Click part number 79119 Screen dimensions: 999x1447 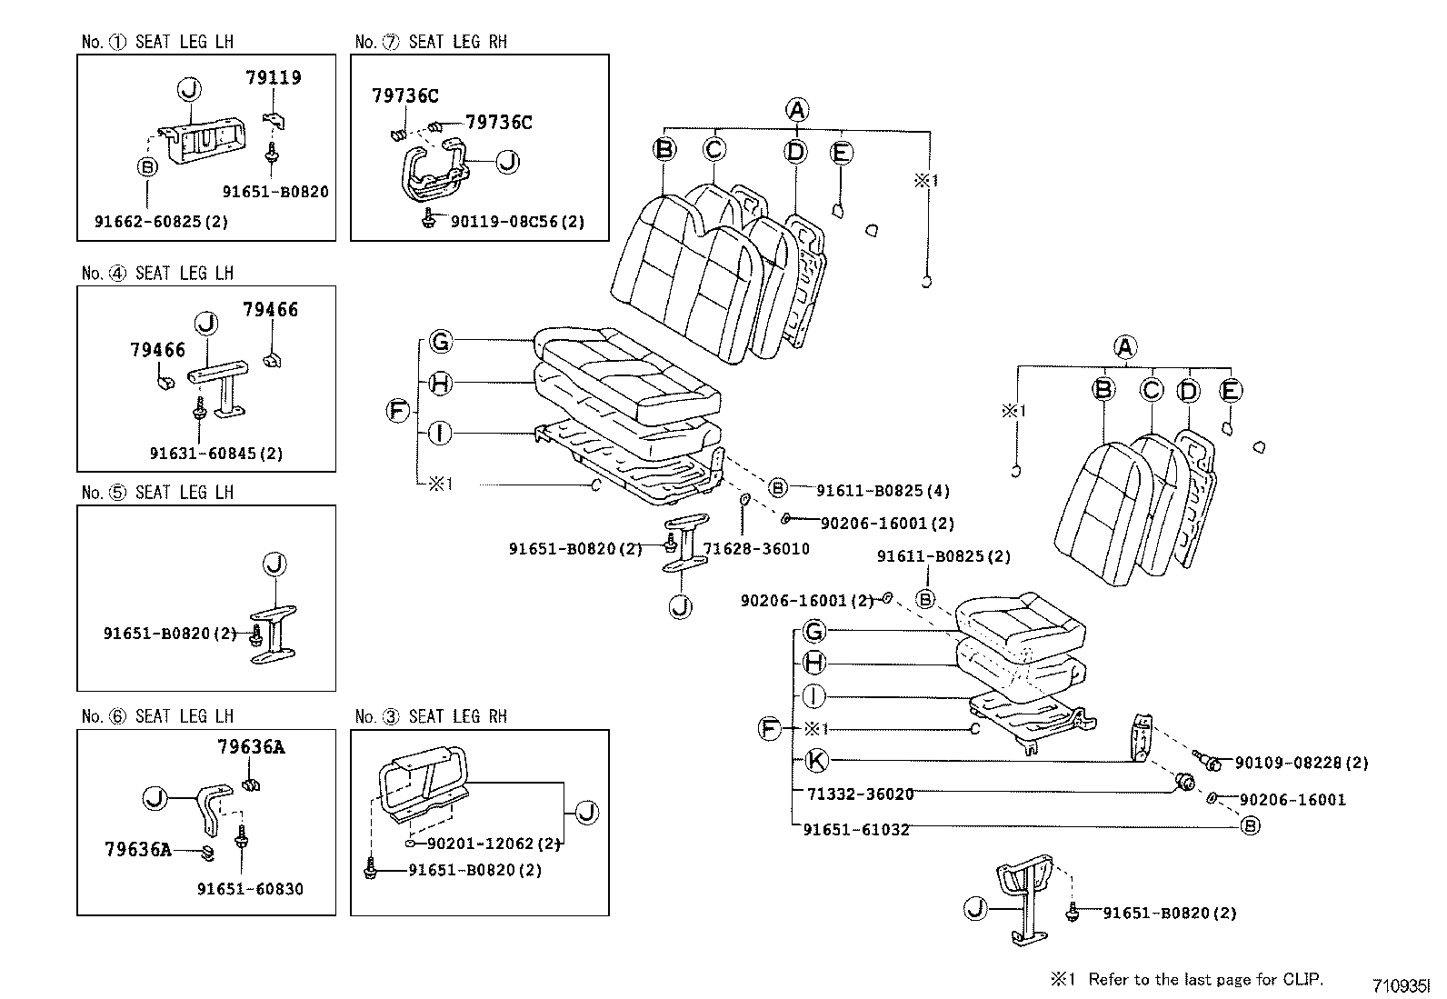tap(273, 78)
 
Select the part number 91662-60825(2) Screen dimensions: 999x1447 tap(161, 221)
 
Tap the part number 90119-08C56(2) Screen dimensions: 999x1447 tap(517, 221)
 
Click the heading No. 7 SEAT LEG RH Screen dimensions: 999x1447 tap(431, 42)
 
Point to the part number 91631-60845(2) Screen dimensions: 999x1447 tap(216, 453)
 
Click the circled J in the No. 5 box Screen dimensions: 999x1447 tap(274, 564)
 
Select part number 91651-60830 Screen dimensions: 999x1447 tap(250, 889)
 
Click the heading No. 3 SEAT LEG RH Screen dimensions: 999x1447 tap(431, 717)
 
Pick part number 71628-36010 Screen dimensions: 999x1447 tap(756, 549)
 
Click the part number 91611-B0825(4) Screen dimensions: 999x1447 tap(883, 491)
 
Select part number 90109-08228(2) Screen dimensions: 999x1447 tap(1301, 764)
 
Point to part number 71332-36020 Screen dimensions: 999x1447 tap(860, 794)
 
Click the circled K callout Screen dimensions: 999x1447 tap(816, 760)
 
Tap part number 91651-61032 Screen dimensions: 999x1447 tap(856, 829)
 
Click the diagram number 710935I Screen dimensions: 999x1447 tap(1401, 985)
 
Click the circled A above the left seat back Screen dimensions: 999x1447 tap(796, 110)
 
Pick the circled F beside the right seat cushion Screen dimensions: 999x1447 tap(770, 728)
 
